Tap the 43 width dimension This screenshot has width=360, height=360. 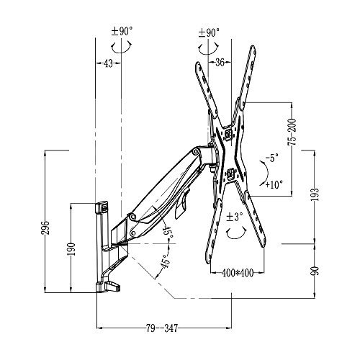tap(108, 63)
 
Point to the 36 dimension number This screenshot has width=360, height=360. tap(220, 63)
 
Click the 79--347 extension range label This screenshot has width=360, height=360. tap(162, 328)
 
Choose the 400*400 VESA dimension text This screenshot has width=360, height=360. tap(237, 273)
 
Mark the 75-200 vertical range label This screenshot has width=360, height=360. tap(292, 132)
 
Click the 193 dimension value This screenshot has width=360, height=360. tap(315, 194)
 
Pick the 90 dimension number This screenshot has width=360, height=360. tap(315, 271)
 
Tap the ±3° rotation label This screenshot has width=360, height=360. tap(235, 217)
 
